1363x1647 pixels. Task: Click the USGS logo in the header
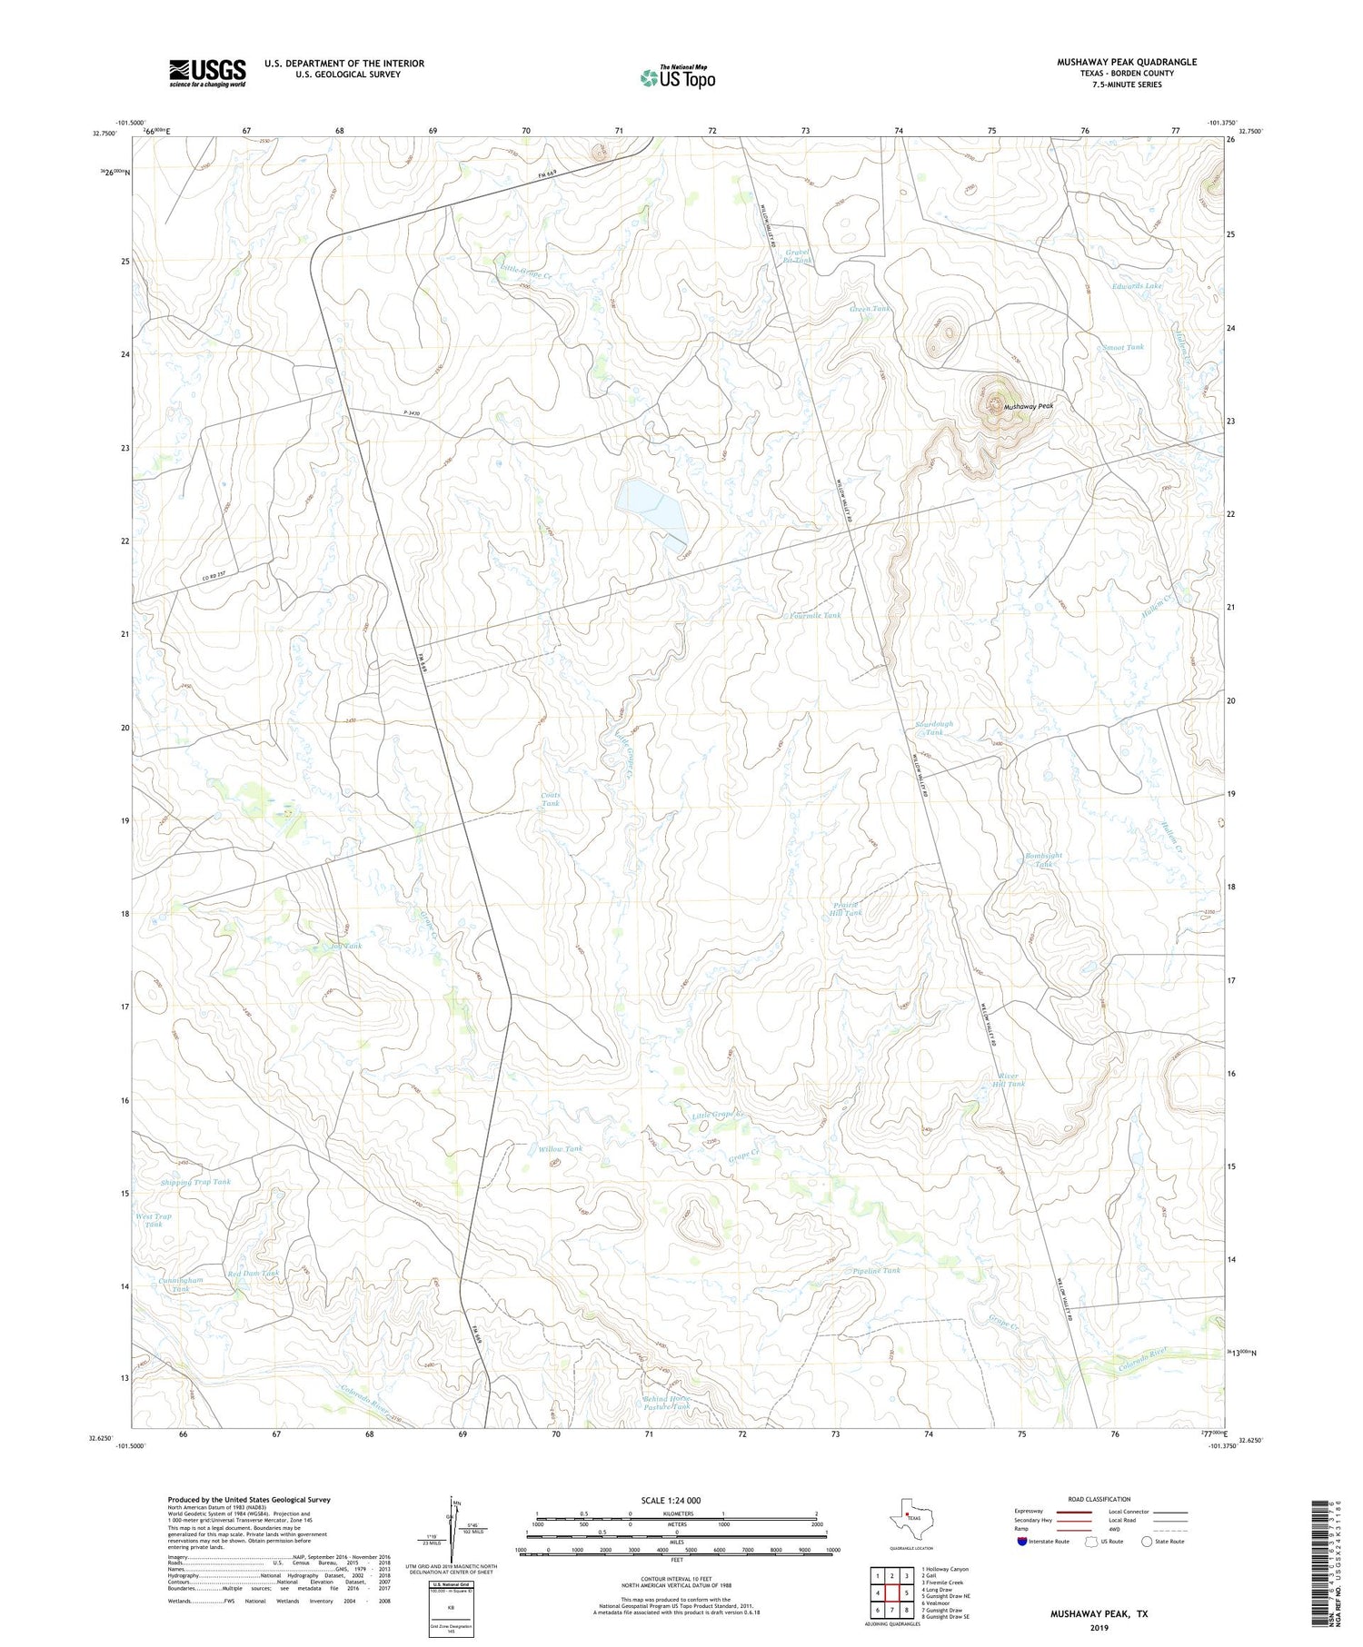207,73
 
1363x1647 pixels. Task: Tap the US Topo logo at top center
677,78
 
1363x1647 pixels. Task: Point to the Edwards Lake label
1137,285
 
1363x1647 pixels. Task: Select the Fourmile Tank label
815,615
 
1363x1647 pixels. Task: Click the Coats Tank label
551,799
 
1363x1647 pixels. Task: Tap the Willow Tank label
560,1148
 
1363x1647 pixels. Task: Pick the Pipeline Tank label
876,1270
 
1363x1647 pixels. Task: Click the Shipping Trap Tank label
195,1182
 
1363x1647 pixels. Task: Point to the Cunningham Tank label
181,1284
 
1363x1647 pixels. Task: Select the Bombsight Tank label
1043,859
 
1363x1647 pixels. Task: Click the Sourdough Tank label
933,728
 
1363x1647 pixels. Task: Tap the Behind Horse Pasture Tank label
666,1402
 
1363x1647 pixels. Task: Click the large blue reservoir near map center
651,511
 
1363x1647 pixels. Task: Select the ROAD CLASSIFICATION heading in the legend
1099,1499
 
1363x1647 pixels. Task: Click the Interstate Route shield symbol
1022,1541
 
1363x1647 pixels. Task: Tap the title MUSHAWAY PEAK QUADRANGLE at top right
1126,62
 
